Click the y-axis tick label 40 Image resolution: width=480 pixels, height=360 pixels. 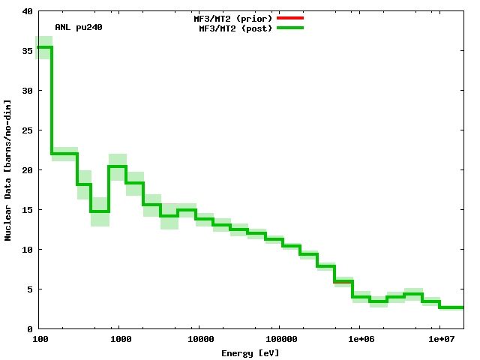pyautogui.click(x=27, y=11)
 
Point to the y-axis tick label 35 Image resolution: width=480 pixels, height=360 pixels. pyautogui.click(x=27, y=51)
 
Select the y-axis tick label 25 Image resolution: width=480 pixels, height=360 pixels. pyautogui.click(x=27, y=130)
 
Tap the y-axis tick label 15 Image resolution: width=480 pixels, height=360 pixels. pyautogui.click(x=27, y=210)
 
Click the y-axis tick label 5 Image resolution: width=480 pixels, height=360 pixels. pyautogui.click(x=29, y=289)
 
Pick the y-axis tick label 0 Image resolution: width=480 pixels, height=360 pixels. pyautogui.click(x=29, y=329)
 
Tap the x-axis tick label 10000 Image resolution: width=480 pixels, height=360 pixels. pyautogui.click(x=199, y=340)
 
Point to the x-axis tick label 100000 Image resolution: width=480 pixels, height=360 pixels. pyautogui.click(x=279, y=340)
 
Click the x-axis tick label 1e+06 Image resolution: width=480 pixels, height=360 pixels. pyautogui.click(x=359, y=340)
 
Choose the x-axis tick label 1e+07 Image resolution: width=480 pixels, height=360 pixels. pyautogui.click(x=439, y=340)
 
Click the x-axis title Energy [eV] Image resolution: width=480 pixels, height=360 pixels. pyautogui.click(x=250, y=352)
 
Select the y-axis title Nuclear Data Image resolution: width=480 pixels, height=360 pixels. pyautogui.click(x=8, y=170)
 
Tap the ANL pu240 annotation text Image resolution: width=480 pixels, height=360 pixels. pyautogui.click(x=79, y=27)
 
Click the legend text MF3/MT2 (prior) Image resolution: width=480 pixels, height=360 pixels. pyautogui.click(x=232, y=17)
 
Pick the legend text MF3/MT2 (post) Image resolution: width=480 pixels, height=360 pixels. pyautogui.click(x=235, y=28)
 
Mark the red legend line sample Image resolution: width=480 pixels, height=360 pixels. pyautogui.click(x=290, y=17)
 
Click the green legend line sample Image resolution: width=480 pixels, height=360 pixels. pyautogui.click(x=290, y=28)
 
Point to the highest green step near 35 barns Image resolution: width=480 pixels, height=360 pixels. pyautogui.click(x=44, y=47)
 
